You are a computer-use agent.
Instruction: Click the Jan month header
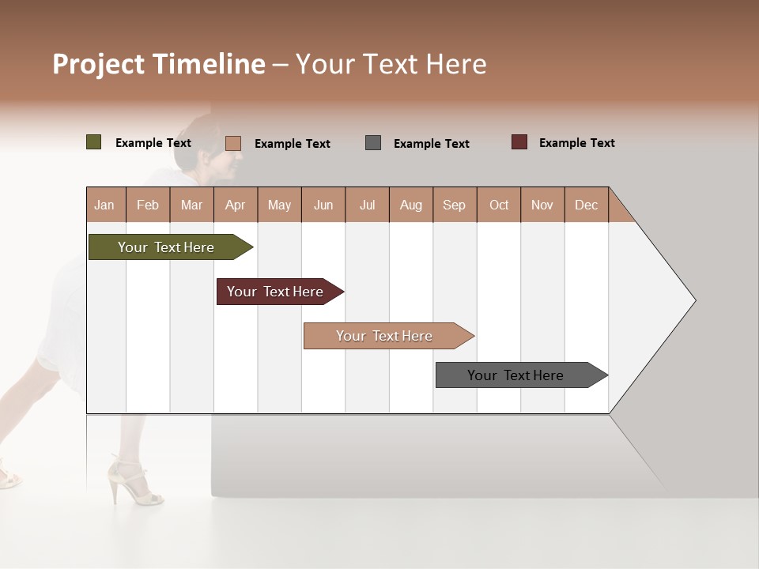(105, 205)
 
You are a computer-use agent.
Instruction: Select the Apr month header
(235, 205)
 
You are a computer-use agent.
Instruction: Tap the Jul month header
(367, 205)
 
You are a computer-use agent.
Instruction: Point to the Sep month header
(454, 205)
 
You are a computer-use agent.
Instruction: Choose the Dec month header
(586, 205)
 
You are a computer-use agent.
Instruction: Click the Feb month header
(148, 205)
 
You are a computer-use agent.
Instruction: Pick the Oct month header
(499, 205)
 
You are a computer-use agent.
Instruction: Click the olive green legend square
(93, 142)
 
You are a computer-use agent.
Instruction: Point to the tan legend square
(232, 143)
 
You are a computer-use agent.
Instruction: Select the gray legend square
(373, 143)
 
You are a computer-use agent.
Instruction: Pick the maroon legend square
(519, 142)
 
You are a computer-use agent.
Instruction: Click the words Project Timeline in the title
(159, 64)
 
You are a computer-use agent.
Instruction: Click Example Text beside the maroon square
(576, 143)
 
